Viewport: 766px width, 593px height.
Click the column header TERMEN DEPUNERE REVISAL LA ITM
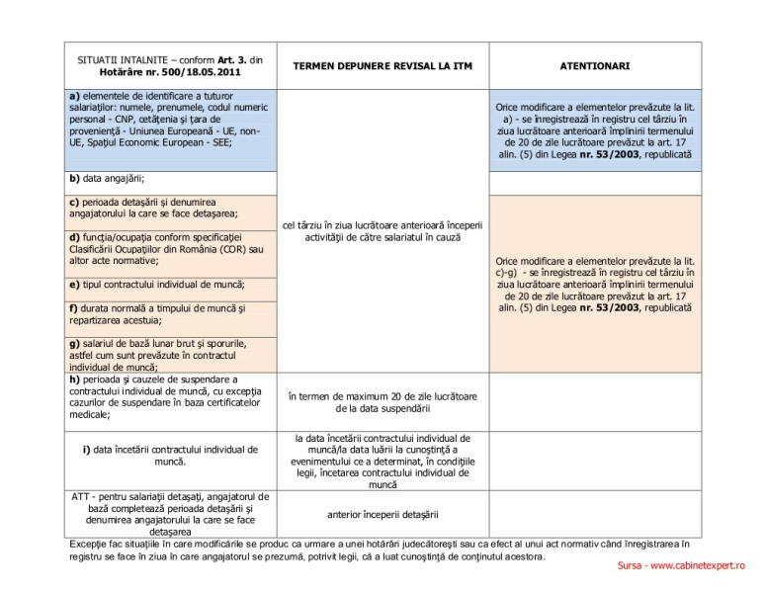click(382, 66)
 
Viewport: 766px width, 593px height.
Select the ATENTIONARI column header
click(594, 66)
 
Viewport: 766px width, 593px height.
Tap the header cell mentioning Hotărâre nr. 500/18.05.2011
click(170, 66)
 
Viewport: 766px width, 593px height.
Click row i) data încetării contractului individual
click(170, 456)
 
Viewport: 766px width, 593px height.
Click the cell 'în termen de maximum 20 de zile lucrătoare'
click(382, 401)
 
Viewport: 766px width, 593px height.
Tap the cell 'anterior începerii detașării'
click(382, 514)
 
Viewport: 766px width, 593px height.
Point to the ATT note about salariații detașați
click(170, 512)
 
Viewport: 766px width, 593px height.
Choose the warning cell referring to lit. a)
click(594, 130)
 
